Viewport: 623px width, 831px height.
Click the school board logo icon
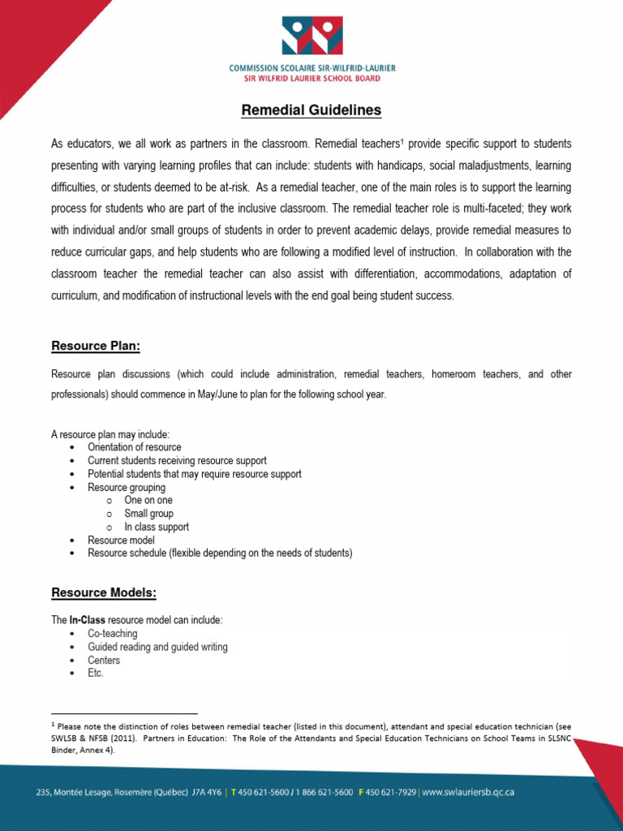click(x=311, y=36)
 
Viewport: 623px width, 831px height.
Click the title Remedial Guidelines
click(x=311, y=110)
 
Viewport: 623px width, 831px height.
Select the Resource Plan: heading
click(x=96, y=347)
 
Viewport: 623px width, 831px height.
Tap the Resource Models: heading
click(x=104, y=593)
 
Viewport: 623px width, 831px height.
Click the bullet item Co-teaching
click(x=113, y=634)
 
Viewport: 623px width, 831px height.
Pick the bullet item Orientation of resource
click(x=135, y=447)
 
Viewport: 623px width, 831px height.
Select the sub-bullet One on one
click(x=148, y=501)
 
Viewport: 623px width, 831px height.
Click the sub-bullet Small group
click(x=148, y=514)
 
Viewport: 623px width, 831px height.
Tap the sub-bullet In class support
click(x=157, y=527)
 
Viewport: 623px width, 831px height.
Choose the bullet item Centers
click(x=104, y=661)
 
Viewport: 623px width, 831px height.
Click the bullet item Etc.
click(x=96, y=674)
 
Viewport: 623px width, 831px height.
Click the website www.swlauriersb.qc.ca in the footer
click(x=468, y=791)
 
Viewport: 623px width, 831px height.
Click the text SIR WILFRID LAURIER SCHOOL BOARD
click(x=311, y=79)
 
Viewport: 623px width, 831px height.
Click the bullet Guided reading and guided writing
click(x=157, y=647)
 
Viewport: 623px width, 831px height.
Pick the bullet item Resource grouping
click(x=127, y=488)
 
